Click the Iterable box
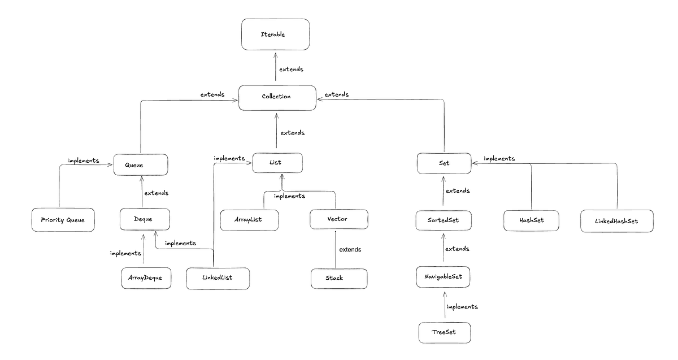[276, 34]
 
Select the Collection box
[277, 98]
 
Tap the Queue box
[141, 164]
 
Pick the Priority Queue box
[63, 220]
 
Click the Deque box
[145, 219]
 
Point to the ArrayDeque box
[146, 278]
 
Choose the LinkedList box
[218, 278]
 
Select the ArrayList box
[249, 220]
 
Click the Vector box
[339, 219]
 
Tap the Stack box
[339, 279]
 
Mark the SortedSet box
[444, 220]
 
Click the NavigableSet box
[443, 277]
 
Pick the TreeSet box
[445, 332]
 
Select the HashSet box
[531, 221]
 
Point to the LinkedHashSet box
[617, 221]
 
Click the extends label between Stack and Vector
[350, 249]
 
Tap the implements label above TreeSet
[462, 307]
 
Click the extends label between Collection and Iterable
[291, 70]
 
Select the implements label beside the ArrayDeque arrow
[125, 253]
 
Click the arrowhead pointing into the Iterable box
[276, 55]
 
